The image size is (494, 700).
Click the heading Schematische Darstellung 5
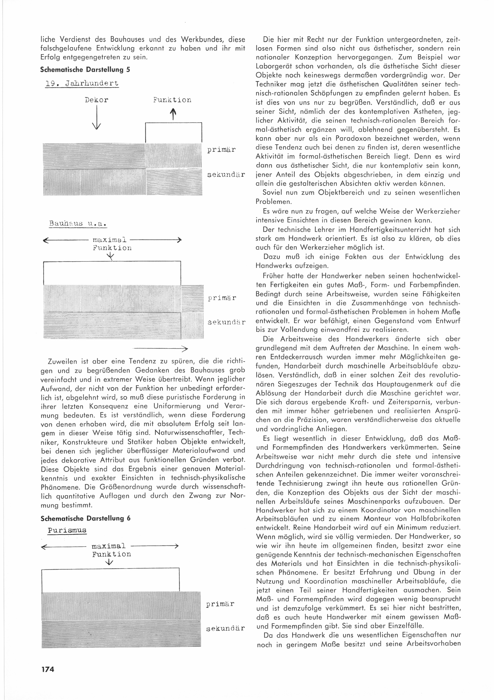point(85,69)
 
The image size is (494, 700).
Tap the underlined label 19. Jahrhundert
point(82,83)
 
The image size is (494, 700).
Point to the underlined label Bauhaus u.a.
point(78,224)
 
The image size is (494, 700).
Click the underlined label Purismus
point(67,530)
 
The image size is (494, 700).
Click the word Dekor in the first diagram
point(96,100)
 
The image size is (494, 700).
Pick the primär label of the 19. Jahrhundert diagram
point(221,150)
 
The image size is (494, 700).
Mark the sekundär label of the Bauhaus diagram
point(226,322)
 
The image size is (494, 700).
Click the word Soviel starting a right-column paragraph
point(272,193)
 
